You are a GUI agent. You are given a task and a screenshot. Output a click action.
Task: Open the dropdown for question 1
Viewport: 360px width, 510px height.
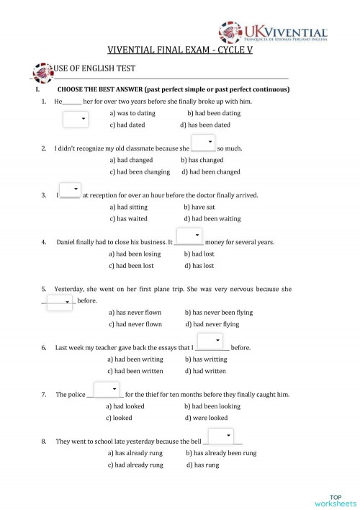[76, 119]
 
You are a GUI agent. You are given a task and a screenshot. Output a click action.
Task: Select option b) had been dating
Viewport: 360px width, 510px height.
[214, 113]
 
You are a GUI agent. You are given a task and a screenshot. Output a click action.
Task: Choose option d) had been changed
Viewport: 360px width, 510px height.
[211, 172]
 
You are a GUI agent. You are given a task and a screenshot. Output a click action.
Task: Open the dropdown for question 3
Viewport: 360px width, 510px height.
[70, 190]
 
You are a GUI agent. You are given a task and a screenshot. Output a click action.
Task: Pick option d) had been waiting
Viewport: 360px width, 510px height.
[212, 218]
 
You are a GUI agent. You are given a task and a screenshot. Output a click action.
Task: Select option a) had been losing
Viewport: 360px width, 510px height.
[135, 254]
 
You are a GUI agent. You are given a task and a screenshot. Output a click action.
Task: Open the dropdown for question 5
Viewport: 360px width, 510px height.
[60, 302]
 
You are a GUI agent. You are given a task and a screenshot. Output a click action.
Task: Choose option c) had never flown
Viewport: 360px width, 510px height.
[135, 324]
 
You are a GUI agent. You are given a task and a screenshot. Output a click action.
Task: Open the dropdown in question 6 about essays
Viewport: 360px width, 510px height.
[210, 341]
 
